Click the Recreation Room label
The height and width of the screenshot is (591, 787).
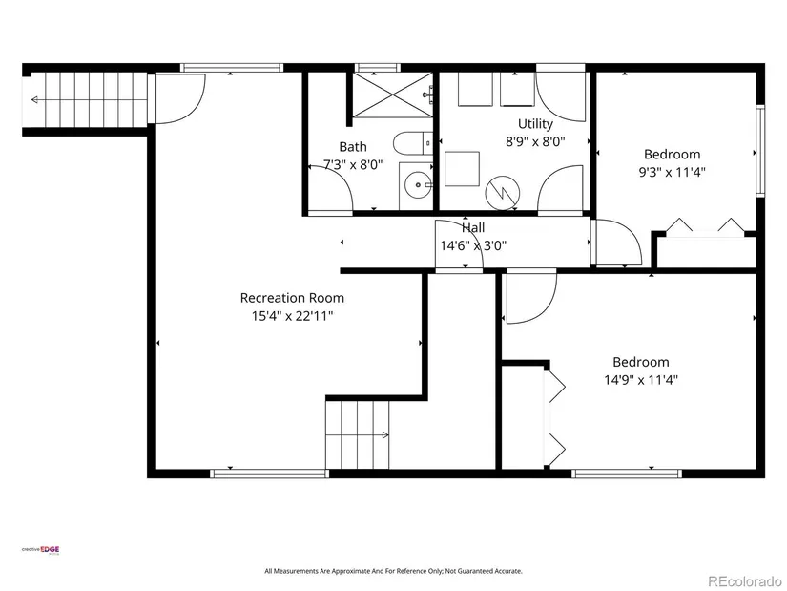[292, 298]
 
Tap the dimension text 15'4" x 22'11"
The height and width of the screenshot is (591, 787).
[293, 316]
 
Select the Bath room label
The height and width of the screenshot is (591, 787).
[353, 147]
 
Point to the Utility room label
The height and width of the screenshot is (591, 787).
[535, 124]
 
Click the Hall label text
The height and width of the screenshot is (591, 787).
[473, 227]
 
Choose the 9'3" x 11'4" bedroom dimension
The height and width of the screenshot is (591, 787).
[673, 173]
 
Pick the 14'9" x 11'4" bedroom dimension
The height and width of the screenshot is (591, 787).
[641, 380]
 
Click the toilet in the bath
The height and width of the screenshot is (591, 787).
[412, 144]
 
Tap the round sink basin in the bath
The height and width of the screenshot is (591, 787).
[417, 184]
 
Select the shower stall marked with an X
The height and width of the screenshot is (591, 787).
[392, 95]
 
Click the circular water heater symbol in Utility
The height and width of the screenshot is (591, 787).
[503, 192]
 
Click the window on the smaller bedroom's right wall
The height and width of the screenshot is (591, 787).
[760, 150]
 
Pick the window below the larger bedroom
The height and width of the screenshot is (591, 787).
[627, 474]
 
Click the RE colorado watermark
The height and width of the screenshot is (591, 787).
[745, 580]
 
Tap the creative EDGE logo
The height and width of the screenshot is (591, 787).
[40, 550]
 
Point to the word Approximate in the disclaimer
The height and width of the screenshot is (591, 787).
[351, 571]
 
